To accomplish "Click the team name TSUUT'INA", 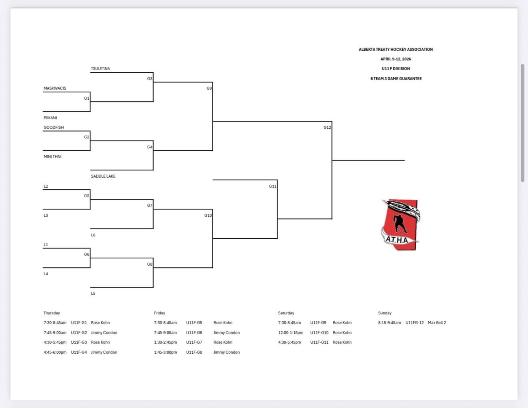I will point(100,69).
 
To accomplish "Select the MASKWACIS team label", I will point(55,88).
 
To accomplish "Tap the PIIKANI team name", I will point(50,118).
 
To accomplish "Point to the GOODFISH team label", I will point(54,128).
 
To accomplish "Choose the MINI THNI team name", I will point(52,157).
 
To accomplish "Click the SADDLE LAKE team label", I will point(103,176).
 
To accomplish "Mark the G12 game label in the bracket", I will point(327,128).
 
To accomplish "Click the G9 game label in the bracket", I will point(209,88).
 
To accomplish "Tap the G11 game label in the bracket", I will point(272,186).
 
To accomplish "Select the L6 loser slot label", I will point(93,235).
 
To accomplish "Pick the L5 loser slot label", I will point(93,294).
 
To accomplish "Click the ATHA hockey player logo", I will point(400,225).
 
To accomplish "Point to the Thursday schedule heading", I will point(52,313).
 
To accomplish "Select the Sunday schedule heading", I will point(385,313).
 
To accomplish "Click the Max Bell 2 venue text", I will point(437,323).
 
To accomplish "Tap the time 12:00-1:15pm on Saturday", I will point(291,333).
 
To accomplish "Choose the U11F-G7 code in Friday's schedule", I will point(194,342).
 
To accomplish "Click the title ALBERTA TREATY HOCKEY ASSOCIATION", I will point(396,50).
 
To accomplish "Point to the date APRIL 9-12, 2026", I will point(396,59).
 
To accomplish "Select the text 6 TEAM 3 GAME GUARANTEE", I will point(396,79).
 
